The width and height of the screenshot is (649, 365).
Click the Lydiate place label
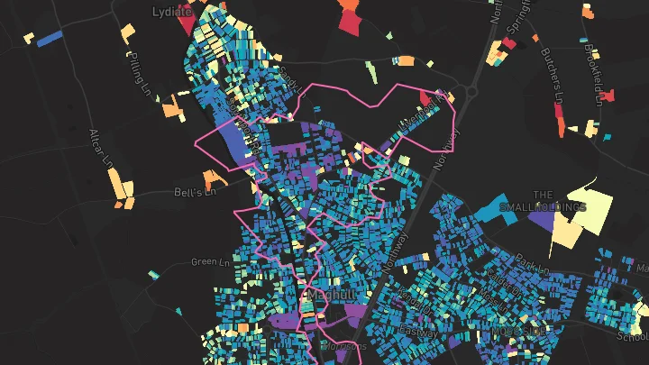(171, 12)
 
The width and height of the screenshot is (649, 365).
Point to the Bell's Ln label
(196, 193)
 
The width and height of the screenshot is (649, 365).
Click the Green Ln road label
(210, 262)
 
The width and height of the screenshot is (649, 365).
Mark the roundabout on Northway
(469, 90)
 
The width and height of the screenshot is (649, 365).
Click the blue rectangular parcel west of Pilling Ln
(49, 37)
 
